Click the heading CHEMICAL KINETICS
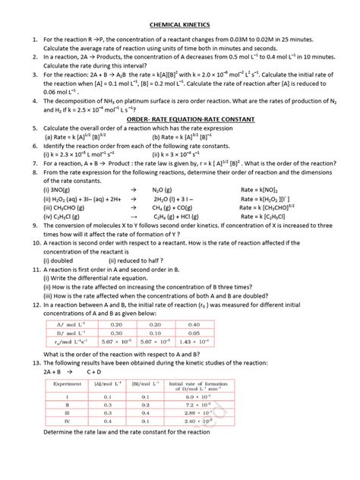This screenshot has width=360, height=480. tap(179, 24)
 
